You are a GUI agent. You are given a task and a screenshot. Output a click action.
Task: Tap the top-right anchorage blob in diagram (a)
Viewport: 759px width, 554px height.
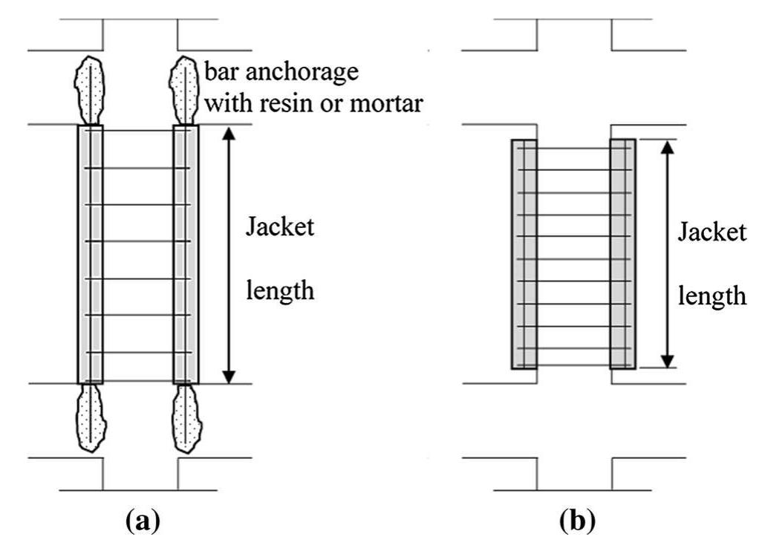pyautogui.click(x=185, y=89)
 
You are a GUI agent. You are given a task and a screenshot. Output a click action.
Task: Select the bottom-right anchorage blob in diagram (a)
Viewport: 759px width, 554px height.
pyautogui.click(x=186, y=418)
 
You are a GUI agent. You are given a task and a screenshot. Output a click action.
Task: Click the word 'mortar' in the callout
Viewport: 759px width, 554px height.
pyautogui.click(x=385, y=102)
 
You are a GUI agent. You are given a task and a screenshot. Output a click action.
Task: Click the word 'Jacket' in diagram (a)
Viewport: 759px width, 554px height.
pyautogui.click(x=280, y=227)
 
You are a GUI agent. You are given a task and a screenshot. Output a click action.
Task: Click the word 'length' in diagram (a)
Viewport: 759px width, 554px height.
pyautogui.click(x=280, y=290)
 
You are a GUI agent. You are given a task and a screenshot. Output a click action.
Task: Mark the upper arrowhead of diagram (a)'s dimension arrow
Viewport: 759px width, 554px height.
pyautogui.click(x=229, y=134)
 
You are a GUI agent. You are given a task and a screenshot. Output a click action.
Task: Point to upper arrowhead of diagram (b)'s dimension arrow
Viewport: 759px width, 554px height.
pyautogui.click(x=668, y=146)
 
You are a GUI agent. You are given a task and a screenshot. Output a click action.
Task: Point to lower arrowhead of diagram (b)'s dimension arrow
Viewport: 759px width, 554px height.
pyautogui.click(x=668, y=361)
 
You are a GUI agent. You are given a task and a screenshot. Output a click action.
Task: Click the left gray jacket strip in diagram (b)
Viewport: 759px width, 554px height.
pyautogui.click(x=523, y=254)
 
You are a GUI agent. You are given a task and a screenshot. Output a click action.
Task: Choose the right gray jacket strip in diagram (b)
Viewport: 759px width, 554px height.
pyautogui.click(x=622, y=254)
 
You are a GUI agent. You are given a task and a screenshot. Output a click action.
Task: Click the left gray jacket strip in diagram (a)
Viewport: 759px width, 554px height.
pyautogui.click(x=90, y=254)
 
